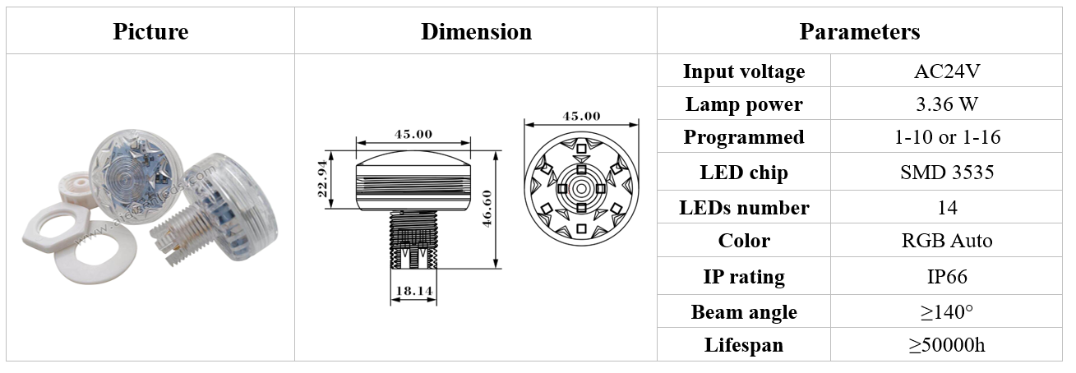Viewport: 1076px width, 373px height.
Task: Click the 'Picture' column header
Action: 150,32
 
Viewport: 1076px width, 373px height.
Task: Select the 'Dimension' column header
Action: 476,32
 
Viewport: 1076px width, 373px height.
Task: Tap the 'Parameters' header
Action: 859,32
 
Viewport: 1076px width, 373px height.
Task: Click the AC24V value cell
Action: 947,71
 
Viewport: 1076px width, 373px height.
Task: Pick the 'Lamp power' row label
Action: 744,104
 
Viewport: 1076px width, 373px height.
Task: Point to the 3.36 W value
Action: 947,104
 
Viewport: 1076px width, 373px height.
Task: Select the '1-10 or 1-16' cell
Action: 947,137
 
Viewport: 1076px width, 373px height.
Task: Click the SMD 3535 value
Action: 947,173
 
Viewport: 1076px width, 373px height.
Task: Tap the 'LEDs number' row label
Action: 744,208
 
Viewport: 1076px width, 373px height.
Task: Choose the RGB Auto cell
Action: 947,241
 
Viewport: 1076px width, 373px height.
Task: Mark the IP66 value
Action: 947,277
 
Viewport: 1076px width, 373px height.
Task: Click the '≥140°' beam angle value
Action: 947,312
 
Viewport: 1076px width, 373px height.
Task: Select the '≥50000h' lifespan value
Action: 947,345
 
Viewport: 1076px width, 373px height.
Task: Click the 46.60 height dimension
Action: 487,210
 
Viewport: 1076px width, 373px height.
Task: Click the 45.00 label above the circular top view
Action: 580,116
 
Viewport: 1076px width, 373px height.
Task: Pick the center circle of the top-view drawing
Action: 580,188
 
